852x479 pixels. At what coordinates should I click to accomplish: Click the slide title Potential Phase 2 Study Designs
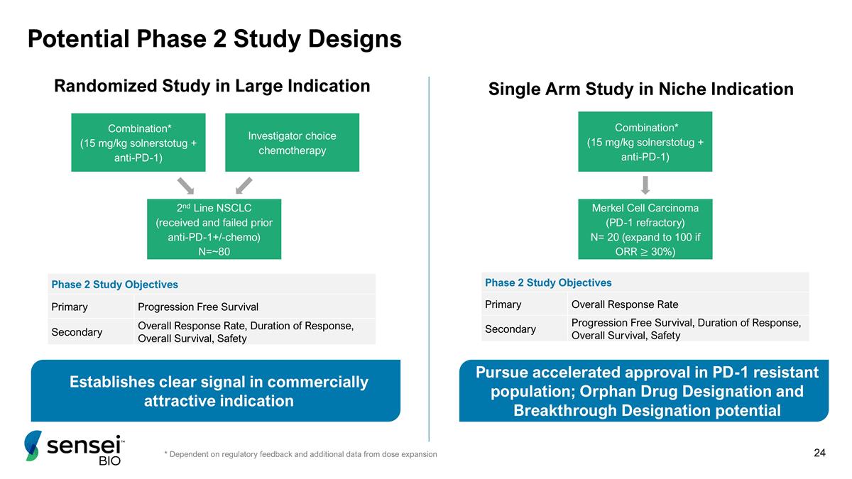coord(214,39)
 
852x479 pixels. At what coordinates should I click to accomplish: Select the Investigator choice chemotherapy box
coord(292,143)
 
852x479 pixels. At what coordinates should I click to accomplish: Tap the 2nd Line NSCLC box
coord(214,229)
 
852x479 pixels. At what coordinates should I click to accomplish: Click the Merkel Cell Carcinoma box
coord(645,229)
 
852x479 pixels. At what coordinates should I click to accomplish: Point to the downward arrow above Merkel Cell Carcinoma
coord(645,185)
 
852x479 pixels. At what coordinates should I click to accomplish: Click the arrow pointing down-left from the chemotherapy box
coord(244,185)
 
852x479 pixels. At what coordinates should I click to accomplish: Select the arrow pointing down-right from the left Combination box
coord(185,185)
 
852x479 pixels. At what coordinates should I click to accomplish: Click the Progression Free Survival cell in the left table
coord(198,307)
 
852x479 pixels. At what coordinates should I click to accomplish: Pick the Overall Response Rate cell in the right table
coord(625,304)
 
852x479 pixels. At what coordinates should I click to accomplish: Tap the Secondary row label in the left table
coord(77,332)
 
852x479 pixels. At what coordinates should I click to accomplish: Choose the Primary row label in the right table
coord(503,304)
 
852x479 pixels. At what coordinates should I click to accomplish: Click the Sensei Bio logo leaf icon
coord(33,446)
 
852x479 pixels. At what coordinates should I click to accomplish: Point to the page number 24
coord(819,453)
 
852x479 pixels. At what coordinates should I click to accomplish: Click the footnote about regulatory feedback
coord(300,454)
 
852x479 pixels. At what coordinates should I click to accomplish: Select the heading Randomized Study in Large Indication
coord(212,86)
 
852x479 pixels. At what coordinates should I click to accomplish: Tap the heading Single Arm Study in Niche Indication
coord(641,89)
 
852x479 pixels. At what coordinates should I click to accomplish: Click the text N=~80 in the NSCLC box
coord(214,251)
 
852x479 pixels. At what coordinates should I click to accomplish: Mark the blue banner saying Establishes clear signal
coord(216,391)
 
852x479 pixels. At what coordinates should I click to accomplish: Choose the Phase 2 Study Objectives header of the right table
coord(548,282)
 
